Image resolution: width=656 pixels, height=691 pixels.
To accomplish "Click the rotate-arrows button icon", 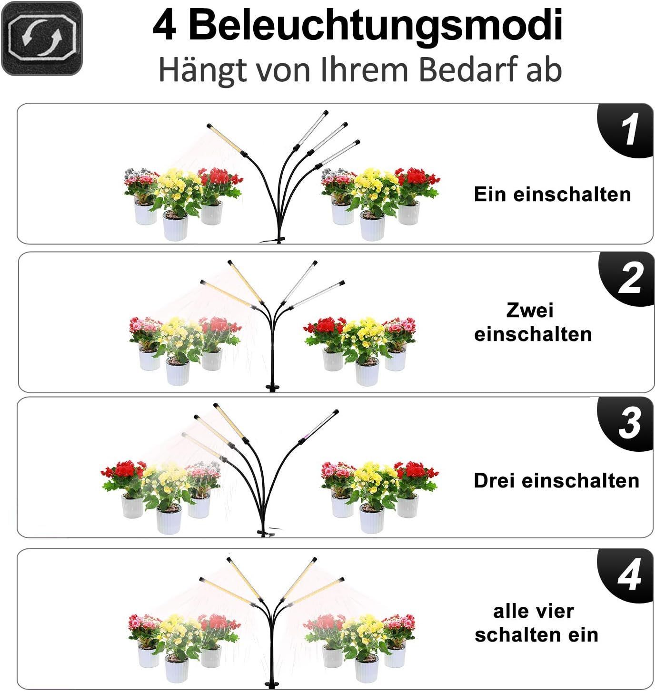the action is pyautogui.click(x=41, y=39).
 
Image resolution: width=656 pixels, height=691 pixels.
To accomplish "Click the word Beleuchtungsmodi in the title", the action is pyautogui.click(x=375, y=26).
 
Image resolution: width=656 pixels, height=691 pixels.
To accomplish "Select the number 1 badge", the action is pyautogui.click(x=626, y=130).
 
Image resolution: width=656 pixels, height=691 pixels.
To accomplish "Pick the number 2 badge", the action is pyautogui.click(x=627, y=278).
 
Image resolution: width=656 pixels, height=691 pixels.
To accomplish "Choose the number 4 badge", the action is pyautogui.click(x=626, y=575).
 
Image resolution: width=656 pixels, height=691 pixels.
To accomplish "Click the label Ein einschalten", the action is pyautogui.click(x=553, y=194).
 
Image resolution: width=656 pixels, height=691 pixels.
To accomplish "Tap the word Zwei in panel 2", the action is pyautogui.click(x=530, y=310).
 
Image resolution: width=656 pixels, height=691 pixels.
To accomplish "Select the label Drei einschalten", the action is pyautogui.click(x=557, y=480).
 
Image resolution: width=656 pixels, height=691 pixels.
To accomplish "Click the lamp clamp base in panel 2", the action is pyautogui.click(x=272, y=387).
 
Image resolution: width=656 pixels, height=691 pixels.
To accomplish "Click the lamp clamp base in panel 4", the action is pyautogui.click(x=272, y=684).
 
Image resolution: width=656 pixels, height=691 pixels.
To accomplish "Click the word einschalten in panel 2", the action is pyautogui.click(x=533, y=334).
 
